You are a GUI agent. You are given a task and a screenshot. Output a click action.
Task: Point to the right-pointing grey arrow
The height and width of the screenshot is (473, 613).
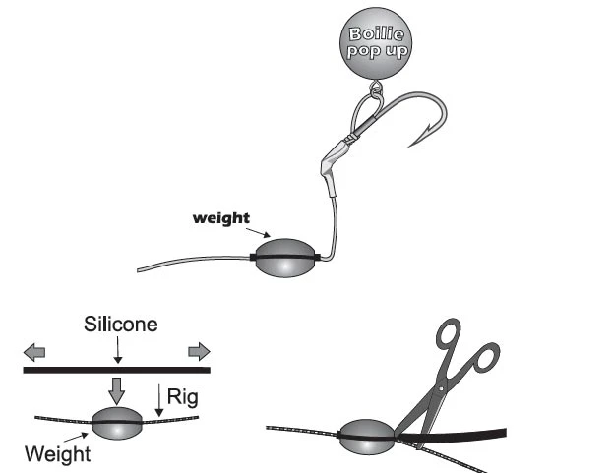click(199, 350)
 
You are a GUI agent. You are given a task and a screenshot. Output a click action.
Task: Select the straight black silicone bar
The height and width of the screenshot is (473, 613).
click(116, 371)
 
